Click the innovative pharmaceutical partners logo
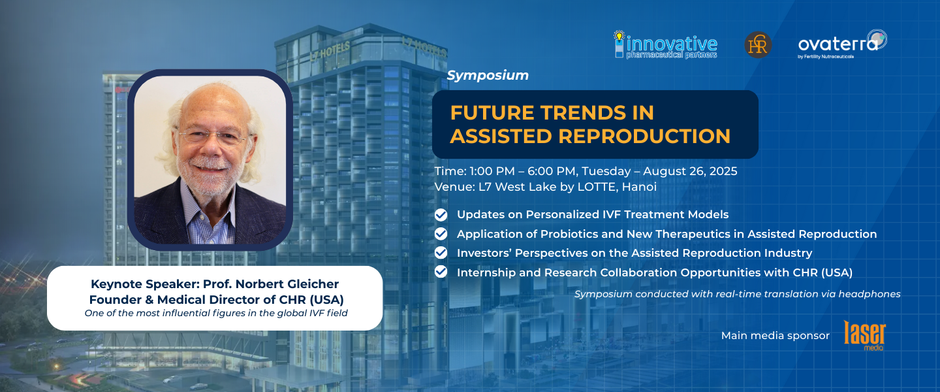[x=666, y=45]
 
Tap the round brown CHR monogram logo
[x=758, y=44]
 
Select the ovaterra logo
[x=842, y=44]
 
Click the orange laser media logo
[x=864, y=335]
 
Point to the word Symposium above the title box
[x=488, y=75]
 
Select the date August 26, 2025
[x=690, y=171]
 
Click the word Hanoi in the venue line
[x=639, y=187]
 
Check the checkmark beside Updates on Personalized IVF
[x=441, y=215]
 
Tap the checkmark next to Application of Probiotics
[x=441, y=234]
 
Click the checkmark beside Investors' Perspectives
[x=441, y=253]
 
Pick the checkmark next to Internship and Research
[x=441, y=272]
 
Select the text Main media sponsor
[x=775, y=336]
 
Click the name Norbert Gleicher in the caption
[x=287, y=284]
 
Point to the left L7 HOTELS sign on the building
[x=330, y=51]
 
